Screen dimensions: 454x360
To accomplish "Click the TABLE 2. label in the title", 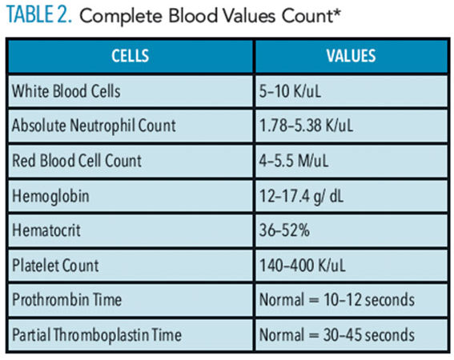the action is pos(38,14).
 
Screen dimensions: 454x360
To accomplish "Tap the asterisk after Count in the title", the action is pos(337,11).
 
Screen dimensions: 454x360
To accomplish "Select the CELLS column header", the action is pos(131,55).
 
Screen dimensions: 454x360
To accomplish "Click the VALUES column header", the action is pos(352,55).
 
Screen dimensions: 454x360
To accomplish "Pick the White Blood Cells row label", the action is pos(66,91).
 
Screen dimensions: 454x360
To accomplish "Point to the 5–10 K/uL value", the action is pos(290,91).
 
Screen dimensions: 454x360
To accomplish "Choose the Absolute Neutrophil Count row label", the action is pos(94,126).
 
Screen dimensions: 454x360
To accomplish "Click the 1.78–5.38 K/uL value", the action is pos(306,126).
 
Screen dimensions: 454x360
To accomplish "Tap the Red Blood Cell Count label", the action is pos(77,161).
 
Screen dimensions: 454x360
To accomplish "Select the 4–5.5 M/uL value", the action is pos(294,161).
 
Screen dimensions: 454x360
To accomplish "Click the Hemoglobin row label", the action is pos(50,196).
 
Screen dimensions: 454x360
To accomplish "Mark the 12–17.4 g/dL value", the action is pos(301,197).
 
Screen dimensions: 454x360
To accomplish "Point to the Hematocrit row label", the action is pos(46,230).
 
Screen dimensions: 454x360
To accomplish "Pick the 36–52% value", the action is pos(284,230).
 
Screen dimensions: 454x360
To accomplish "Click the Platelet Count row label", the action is pos(55,266).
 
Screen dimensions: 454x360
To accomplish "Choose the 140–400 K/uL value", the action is pos(303,266).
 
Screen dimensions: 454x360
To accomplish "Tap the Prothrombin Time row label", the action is pos(67,299).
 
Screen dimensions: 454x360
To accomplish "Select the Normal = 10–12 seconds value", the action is pos(337,299).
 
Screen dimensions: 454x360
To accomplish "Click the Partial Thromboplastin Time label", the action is pos(97,335).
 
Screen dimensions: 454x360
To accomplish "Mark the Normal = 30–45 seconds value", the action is pos(337,335).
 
